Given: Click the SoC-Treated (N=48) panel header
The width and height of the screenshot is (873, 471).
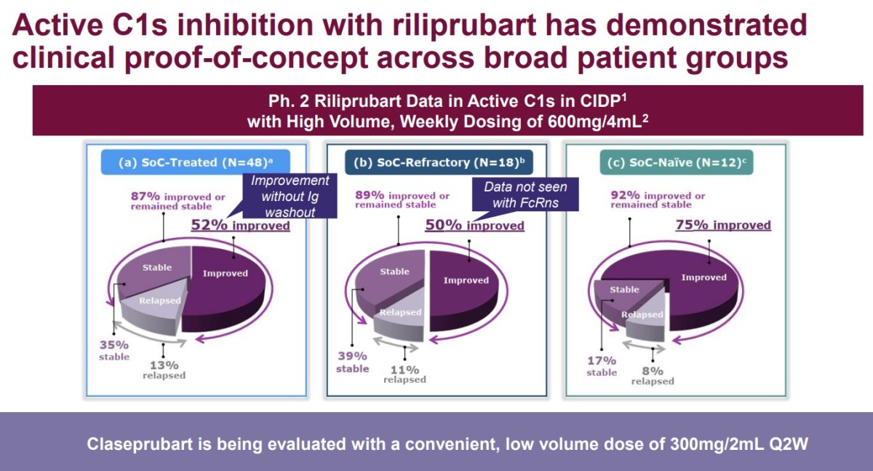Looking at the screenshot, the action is [195, 162].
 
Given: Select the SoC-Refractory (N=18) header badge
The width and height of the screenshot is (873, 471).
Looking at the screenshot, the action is [439, 162].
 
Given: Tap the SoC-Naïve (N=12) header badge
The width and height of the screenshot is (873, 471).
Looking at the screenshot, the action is [676, 162].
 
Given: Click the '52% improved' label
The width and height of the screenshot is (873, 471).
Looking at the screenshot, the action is [241, 226].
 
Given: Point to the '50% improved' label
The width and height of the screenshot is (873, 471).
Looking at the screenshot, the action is [474, 226].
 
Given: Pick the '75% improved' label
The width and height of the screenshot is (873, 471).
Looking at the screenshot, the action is [723, 225].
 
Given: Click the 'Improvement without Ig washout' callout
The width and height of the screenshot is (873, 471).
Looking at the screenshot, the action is [290, 196].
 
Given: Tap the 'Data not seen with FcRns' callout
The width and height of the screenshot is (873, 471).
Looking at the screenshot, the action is [525, 194].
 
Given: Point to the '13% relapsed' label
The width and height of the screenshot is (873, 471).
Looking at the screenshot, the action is [164, 370].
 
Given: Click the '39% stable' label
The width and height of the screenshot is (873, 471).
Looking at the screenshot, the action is [352, 362].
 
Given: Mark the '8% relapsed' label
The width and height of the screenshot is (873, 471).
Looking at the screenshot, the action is [653, 376].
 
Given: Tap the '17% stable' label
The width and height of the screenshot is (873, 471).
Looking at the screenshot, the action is [602, 366].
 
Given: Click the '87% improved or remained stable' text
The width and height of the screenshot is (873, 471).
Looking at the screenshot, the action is [178, 201].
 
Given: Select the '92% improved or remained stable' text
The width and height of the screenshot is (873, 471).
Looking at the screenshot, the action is [658, 199].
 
